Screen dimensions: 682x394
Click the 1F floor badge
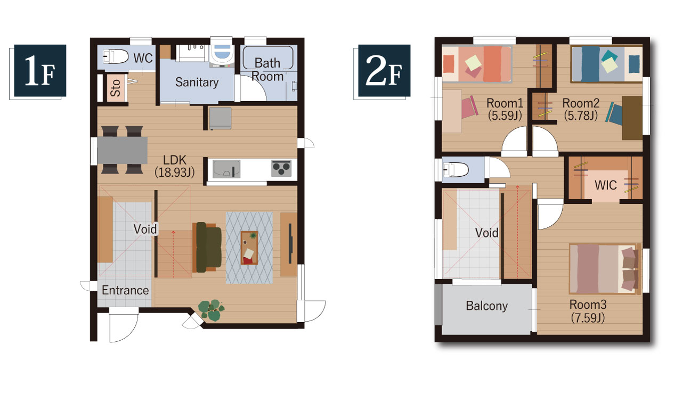(40, 71)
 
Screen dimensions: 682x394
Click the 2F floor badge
(384, 71)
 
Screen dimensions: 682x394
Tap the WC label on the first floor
(143, 58)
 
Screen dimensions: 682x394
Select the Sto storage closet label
(116, 88)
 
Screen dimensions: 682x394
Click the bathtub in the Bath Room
(268, 58)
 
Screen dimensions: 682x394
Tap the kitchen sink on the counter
(226, 169)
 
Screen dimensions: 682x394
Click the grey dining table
(123, 150)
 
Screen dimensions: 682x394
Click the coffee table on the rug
(249, 248)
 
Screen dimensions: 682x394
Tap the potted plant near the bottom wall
(212, 310)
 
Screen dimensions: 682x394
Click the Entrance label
(125, 290)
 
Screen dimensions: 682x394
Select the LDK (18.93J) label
(174, 166)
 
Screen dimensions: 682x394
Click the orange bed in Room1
(476, 64)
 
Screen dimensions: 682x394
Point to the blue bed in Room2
(606, 64)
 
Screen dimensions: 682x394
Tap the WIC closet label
(606, 185)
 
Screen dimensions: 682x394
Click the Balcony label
(486, 306)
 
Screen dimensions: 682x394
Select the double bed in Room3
(604, 269)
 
